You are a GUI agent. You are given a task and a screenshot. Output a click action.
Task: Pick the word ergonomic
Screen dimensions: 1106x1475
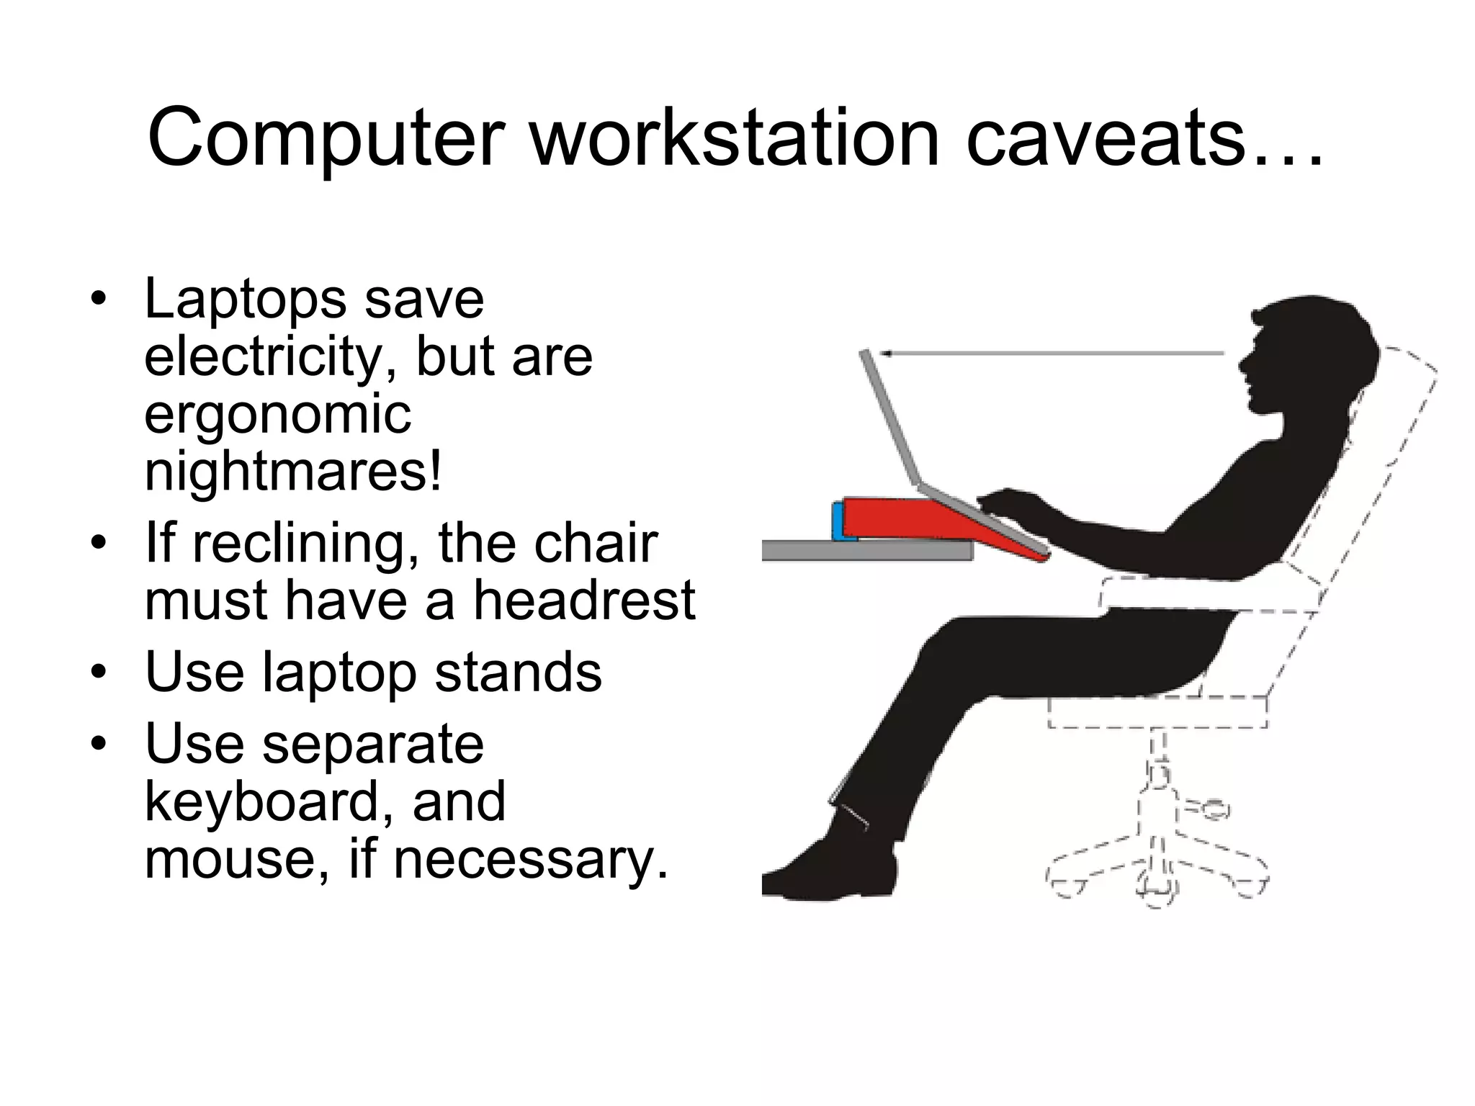coord(277,416)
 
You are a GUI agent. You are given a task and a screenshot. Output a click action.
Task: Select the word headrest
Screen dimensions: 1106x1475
coord(583,601)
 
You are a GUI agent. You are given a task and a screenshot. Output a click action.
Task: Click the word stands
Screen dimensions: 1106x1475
coord(518,673)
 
